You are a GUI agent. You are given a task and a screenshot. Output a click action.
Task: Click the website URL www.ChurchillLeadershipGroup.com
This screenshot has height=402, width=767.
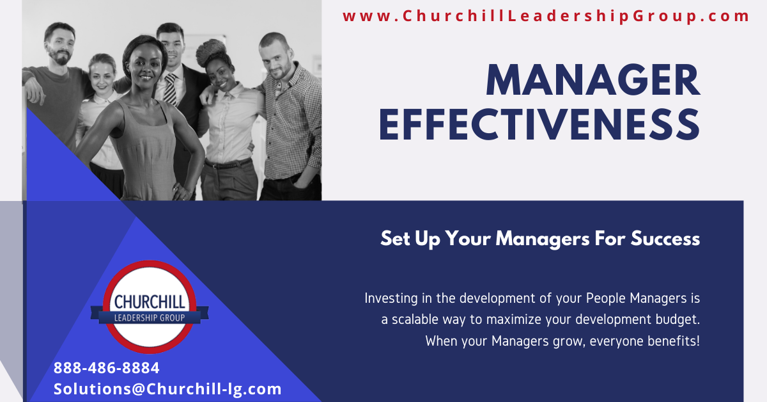click(546, 16)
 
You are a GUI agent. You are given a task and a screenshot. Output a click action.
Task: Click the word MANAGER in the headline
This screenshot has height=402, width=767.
click(593, 80)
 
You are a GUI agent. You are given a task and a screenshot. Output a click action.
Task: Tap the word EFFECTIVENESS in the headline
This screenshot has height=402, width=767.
click(539, 125)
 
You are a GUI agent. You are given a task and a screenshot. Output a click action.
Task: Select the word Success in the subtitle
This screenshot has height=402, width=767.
click(665, 238)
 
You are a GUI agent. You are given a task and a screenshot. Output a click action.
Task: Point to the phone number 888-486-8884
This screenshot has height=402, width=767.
click(107, 368)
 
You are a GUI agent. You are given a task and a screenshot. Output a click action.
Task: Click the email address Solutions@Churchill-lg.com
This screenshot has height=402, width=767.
click(167, 389)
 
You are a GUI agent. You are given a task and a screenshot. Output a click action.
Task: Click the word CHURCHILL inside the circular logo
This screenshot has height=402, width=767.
click(150, 302)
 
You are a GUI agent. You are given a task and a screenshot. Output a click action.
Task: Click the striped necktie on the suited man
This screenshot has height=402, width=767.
click(171, 88)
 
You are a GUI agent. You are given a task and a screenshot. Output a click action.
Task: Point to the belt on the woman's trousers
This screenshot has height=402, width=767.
click(228, 164)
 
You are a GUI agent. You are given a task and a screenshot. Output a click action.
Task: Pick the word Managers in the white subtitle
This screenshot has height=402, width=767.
click(543, 239)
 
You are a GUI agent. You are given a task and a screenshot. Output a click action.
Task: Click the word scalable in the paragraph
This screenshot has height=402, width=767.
click(415, 319)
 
